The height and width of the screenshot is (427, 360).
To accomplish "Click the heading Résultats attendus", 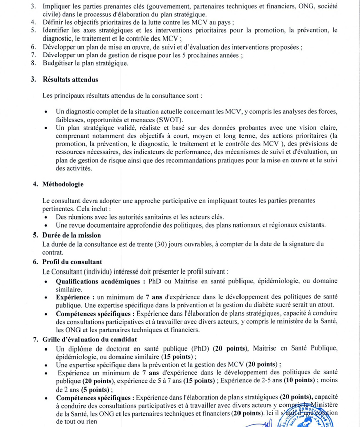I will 70,80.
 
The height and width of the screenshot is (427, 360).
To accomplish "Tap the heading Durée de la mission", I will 71,235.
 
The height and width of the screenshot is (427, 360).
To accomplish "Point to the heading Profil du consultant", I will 72,262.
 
